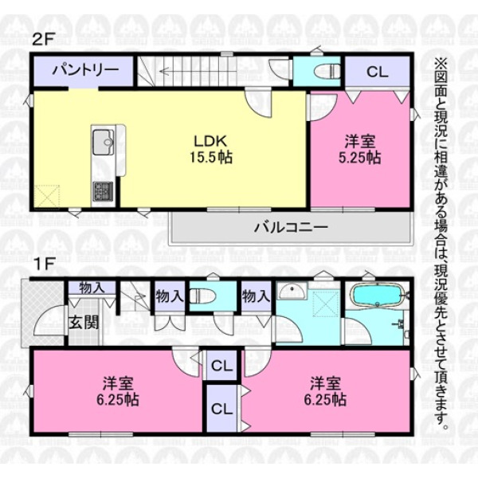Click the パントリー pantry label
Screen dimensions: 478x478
point(86,70)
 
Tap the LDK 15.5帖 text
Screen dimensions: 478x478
point(211,149)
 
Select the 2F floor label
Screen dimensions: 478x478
point(43,40)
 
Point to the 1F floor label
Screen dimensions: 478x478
point(44,264)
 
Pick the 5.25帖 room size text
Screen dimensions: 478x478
point(360,158)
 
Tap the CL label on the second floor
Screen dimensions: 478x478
point(378,72)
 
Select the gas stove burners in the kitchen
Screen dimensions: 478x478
point(103,191)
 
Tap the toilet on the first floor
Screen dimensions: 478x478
point(203,296)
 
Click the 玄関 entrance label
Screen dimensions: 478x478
point(84,322)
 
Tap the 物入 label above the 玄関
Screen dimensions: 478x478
point(92,288)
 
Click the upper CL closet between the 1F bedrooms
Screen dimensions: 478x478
point(221,366)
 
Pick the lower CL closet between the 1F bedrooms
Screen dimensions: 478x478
point(221,409)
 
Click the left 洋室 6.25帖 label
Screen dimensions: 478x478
point(118,391)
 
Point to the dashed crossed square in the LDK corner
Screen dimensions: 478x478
point(47,197)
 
